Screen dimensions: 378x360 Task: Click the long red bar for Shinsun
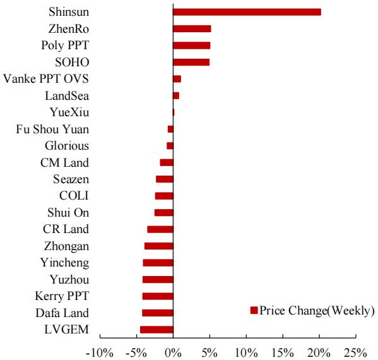pyautogui.click(x=247, y=12)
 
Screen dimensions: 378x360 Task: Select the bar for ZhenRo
pyautogui.click(x=192, y=28)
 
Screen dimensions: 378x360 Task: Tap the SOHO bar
pyautogui.click(x=191, y=63)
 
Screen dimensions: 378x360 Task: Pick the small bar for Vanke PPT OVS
pyautogui.click(x=177, y=79)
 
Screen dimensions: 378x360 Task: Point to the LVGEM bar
pyautogui.click(x=157, y=330)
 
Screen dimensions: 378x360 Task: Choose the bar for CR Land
pyautogui.click(x=160, y=229)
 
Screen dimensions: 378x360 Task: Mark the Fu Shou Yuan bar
pyautogui.click(x=170, y=129)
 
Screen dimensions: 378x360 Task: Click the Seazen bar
pyautogui.click(x=165, y=179)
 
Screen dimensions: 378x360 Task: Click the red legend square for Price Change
pyautogui.click(x=254, y=310)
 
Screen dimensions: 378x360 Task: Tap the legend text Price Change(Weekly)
pyautogui.click(x=317, y=311)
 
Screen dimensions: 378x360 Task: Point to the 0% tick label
pyautogui.click(x=173, y=353)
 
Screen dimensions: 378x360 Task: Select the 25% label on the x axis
pyautogui.click(x=355, y=353)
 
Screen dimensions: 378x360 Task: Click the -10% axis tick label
pyautogui.click(x=100, y=353)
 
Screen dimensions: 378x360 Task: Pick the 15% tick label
pyautogui.click(x=283, y=353)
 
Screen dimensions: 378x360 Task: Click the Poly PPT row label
pyautogui.click(x=65, y=45)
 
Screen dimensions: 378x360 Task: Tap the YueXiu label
pyautogui.click(x=69, y=112)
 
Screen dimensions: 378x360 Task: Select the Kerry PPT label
pyautogui.click(x=62, y=296)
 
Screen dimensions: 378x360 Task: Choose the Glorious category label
pyautogui.click(x=67, y=146)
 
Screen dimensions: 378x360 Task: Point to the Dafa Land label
pyautogui.click(x=62, y=313)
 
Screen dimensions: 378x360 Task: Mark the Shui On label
pyautogui.click(x=68, y=213)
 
